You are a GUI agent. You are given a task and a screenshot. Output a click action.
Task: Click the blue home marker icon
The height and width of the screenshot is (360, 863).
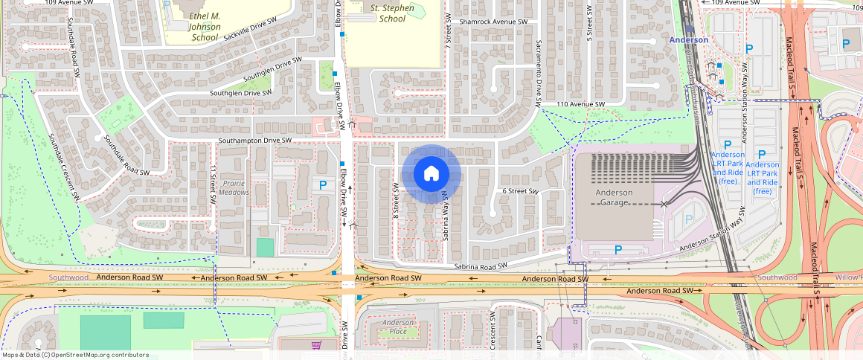tap(431, 174)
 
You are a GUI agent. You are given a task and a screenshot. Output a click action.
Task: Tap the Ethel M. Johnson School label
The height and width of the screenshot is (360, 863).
tap(194, 26)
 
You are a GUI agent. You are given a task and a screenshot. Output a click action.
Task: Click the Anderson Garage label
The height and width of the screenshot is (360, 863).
tap(614, 197)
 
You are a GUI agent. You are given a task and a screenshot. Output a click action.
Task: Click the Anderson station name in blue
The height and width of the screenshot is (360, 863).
tap(688, 40)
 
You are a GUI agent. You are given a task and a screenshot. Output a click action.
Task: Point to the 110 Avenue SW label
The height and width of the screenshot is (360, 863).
tap(581, 104)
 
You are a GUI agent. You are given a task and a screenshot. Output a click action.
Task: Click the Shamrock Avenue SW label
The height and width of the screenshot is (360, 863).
tap(493, 22)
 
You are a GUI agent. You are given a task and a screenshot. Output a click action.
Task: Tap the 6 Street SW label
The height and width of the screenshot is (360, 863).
tap(520, 191)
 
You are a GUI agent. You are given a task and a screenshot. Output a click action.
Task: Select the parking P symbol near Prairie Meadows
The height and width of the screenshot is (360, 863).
tap(323, 185)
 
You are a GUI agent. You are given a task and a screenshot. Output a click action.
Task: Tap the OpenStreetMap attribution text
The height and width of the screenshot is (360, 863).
tap(75, 355)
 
